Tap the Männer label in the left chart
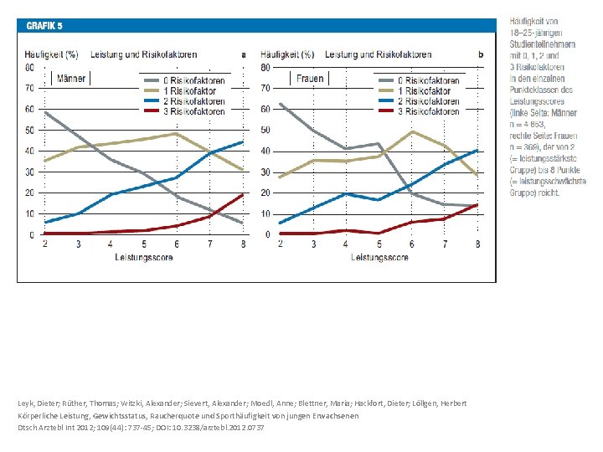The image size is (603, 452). pyautogui.click(x=72, y=80)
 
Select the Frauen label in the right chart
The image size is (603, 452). pyautogui.click(x=310, y=80)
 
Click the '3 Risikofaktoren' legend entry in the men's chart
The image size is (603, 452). pyautogui.click(x=194, y=111)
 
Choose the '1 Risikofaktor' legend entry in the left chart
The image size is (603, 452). pyautogui.click(x=190, y=91)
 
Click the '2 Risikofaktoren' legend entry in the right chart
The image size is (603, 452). pyautogui.click(x=430, y=101)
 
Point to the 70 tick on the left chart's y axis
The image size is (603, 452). pyautogui.click(x=29, y=88)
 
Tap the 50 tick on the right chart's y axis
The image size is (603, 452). pyautogui.click(x=265, y=130)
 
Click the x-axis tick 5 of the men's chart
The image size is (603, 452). pyautogui.click(x=143, y=244)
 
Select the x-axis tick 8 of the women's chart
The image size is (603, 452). pyautogui.click(x=477, y=244)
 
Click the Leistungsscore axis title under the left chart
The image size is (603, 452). pyautogui.click(x=143, y=257)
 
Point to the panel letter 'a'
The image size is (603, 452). pyautogui.click(x=244, y=55)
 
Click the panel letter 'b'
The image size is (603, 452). pyautogui.click(x=480, y=55)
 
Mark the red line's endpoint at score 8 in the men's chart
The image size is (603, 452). pyautogui.click(x=242, y=195)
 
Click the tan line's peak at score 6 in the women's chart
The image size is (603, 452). pyautogui.click(x=412, y=131)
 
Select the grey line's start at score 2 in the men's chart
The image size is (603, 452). pyautogui.click(x=44, y=112)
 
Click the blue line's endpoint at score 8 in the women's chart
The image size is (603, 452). pyautogui.click(x=477, y=151)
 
